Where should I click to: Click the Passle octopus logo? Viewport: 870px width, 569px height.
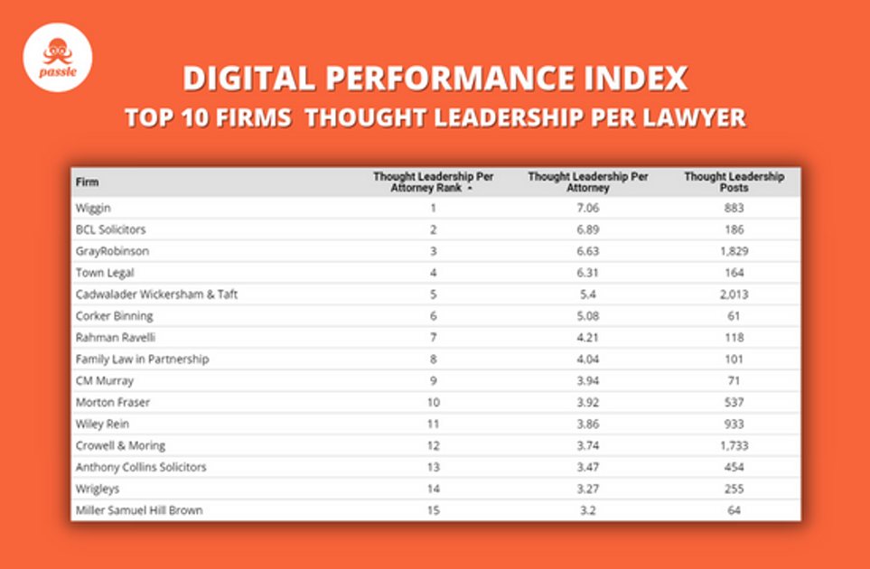point(57,57)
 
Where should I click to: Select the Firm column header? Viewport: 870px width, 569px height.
point(88,182)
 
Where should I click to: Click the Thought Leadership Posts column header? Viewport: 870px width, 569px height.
point(734,182)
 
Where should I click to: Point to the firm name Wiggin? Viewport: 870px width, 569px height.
point(93,208)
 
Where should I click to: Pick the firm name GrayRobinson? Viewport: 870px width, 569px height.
point(112,251)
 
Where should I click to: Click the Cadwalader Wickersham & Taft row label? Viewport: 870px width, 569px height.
point(156,294)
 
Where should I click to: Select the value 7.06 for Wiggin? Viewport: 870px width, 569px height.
point(587,208)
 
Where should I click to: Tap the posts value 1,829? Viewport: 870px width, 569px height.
point(734,251)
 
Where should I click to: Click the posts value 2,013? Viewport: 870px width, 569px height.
point(734,294)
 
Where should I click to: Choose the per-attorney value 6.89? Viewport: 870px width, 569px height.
point(587,229)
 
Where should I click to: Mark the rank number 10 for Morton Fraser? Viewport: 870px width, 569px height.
point(433,402)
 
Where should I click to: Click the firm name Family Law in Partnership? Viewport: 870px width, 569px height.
point(142,359)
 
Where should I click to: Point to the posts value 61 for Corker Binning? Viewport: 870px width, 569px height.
point(734,316)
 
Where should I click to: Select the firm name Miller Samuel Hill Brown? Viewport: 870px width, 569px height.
point(139,510)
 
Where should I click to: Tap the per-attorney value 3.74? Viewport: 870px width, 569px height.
point(587,445)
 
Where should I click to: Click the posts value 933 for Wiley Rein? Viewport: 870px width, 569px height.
point(734,424)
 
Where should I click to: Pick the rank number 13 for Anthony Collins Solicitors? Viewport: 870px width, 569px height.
point(433,467)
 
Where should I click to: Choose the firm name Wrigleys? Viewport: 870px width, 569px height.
point(98,489)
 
